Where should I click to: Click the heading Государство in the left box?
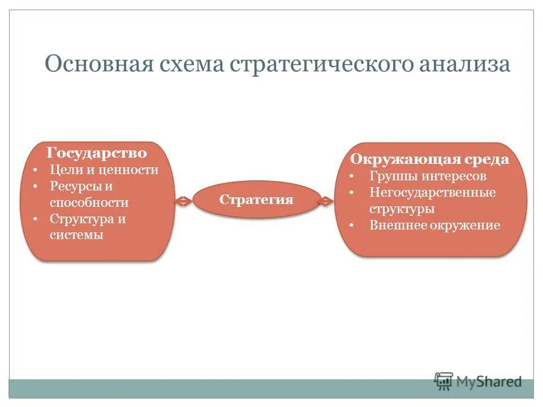[97, 153]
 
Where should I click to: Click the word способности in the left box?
[89, 202]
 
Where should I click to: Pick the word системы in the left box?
[76, 235]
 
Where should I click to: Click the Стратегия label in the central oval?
[256, 200]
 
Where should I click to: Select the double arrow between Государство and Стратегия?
[183, 201]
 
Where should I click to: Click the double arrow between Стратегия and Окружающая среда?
[326, 201]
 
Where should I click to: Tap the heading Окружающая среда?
[429, 159]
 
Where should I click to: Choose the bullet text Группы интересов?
[428, 176]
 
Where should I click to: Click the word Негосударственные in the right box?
[433, 192]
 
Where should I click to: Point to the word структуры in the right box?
[402, 209]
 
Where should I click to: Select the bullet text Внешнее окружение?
[434, 225]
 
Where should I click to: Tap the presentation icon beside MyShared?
[444, 382]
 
